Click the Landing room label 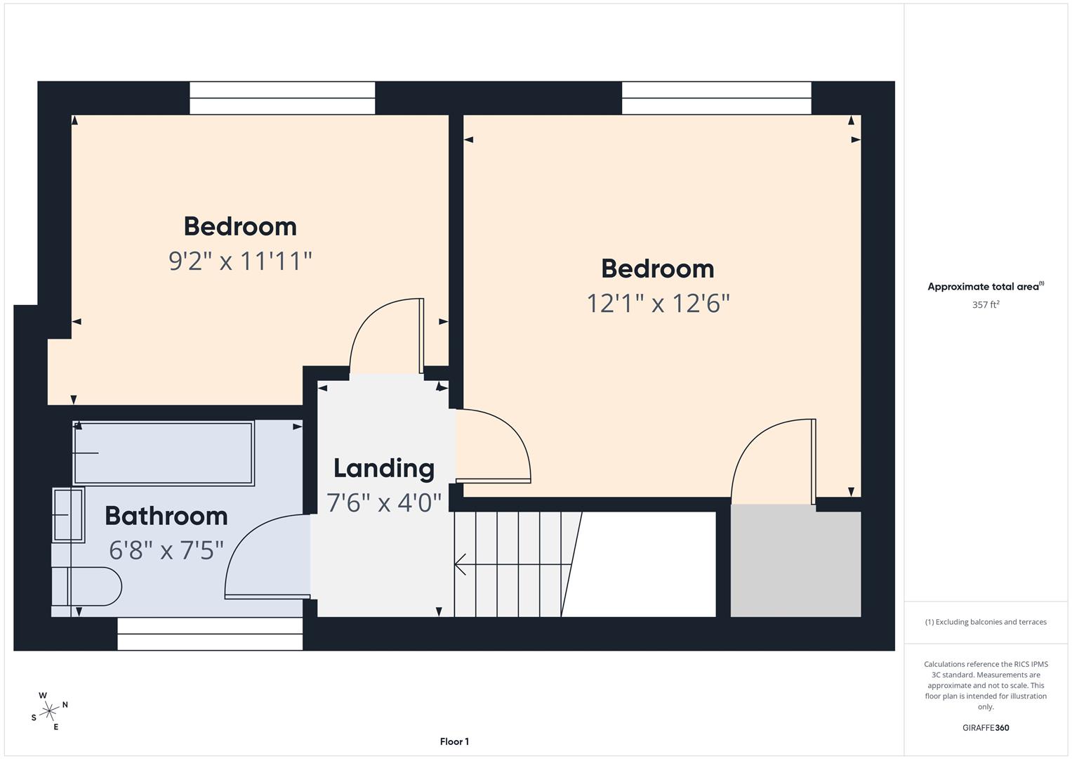click(384, 468)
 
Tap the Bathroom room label click(166, 516)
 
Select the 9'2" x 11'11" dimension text click(240, 261)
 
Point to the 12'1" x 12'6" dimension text click(658, 304)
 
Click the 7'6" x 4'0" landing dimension click(384, 502)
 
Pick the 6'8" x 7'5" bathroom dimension click(166, 550)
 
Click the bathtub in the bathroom click(163, 453)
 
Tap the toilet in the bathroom click(86, 587)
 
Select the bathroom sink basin click(68, 515)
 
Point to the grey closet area click(795, 561)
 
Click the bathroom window click(210, 634)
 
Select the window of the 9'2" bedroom click(282, 98)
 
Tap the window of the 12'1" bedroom click(716, 98)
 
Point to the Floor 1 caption click(454, 741)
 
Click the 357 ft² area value click(986, 304)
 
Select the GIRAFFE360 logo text click(986, 727)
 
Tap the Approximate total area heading click(986, 286)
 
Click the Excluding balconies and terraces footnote click(986, 622)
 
